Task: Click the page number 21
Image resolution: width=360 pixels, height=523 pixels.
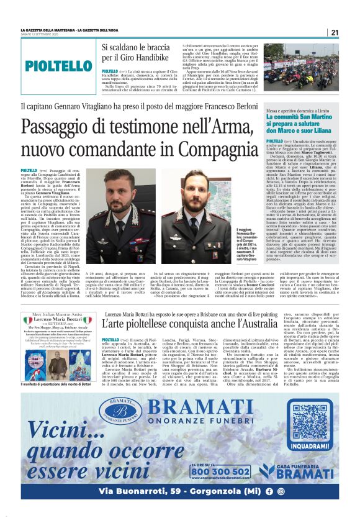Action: [335, 32]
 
